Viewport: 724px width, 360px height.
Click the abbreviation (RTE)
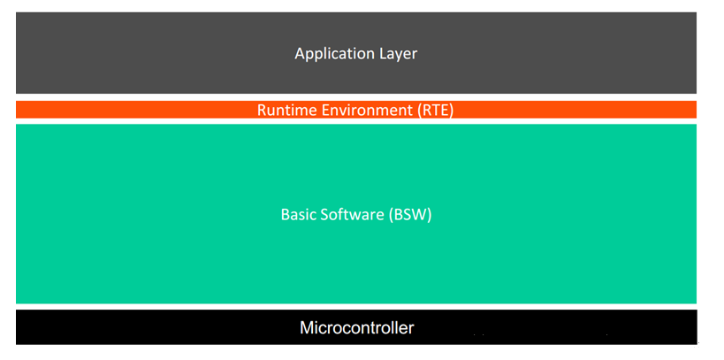(432, 111)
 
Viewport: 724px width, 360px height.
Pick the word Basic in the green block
(295, 214)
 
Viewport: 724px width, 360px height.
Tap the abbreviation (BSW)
(409, 215)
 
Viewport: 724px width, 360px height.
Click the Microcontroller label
(357, 327)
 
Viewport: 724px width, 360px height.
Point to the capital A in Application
(301, 54)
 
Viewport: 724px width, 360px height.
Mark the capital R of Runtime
(262, 111)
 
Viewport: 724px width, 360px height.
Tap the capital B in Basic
(286, 215)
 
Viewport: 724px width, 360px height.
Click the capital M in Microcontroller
(307, 327)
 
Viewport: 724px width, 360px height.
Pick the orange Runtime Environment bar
(356, 110)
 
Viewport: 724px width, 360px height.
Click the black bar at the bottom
(356, 326)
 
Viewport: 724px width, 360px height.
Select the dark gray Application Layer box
(356, 53)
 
